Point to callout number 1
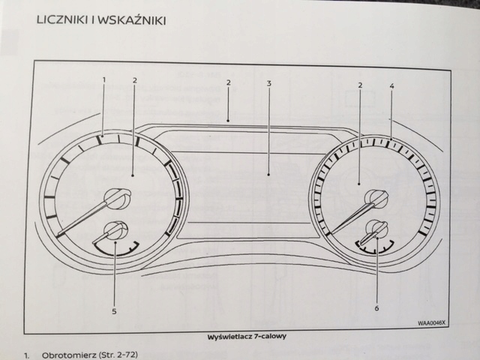pos(104,79)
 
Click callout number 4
pos(391,86)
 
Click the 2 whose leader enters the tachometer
pos(134,79)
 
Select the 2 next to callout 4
pos(360,85)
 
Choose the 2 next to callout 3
pos(228,82)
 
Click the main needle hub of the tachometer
pos(115,198)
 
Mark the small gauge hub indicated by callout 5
pos(115,232)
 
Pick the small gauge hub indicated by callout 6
pos(375,230)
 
